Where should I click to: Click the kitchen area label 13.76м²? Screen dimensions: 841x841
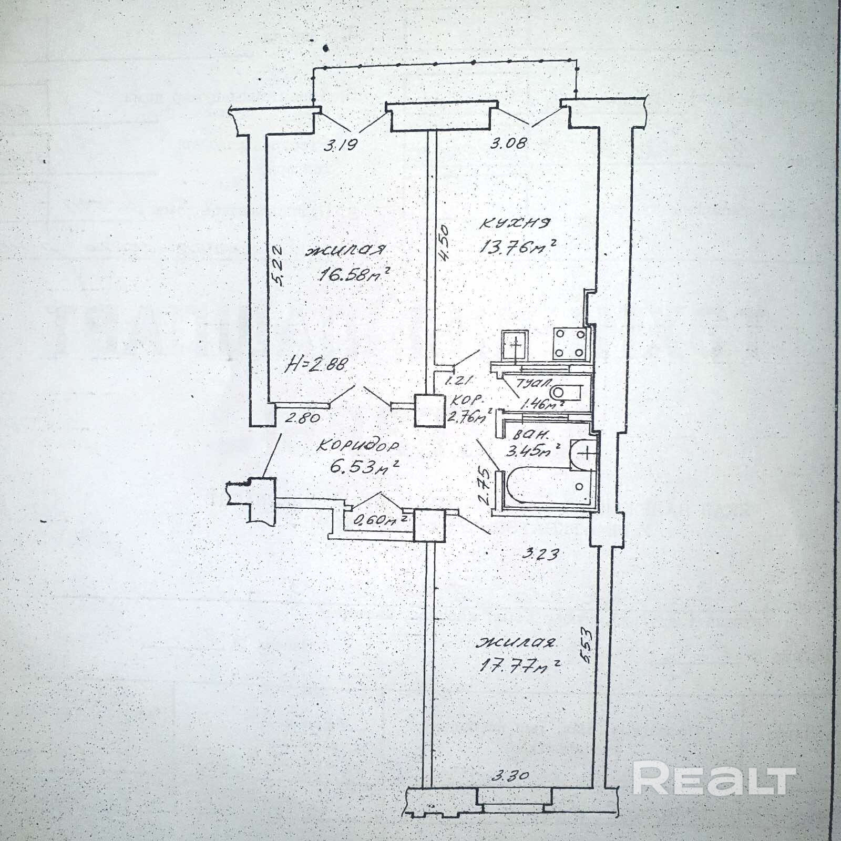tap(517, 247)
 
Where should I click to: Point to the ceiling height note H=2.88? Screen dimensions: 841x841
tap(316, 364)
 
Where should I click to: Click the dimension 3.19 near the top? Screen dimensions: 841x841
tap(340, 144)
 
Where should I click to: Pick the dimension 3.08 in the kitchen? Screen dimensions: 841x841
tap(508, 142)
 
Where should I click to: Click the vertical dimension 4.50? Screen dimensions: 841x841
tap(445, 242)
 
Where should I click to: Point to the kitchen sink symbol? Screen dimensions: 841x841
tap(515, 345)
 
